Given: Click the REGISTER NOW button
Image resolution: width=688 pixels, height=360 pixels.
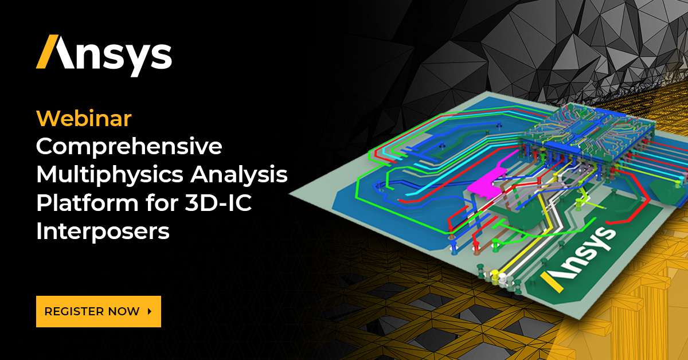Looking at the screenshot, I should (x=98, y=311).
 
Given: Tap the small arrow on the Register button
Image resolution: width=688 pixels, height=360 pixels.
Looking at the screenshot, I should (x=150, y=311).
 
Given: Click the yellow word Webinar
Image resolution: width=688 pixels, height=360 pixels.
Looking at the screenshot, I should (x=84, y=119).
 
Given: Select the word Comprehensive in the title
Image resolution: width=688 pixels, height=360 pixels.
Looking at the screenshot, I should (x=128, y=147).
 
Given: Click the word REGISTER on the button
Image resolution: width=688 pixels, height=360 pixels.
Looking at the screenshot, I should (x=73, y=311).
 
